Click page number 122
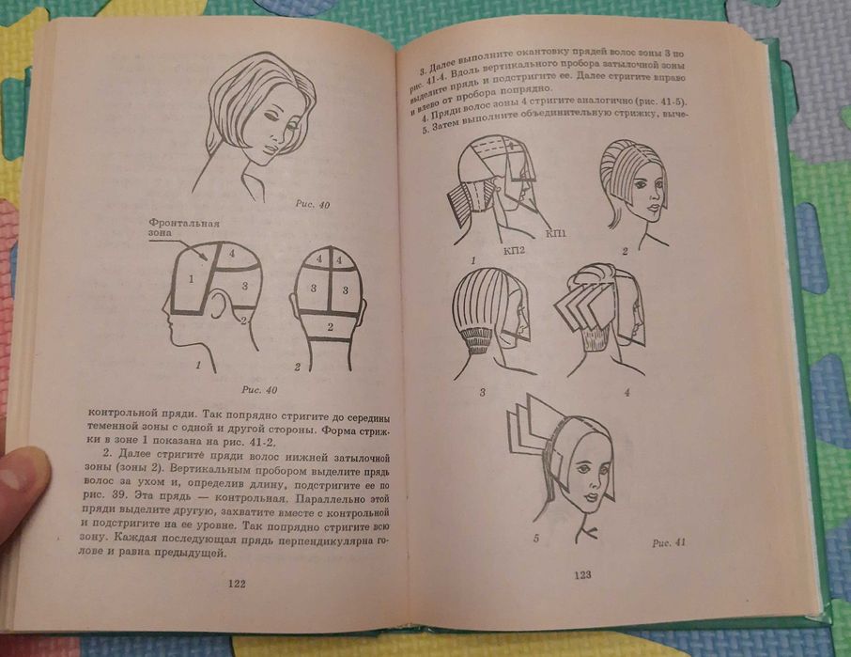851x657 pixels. pyautogui.click(x=236, y=584)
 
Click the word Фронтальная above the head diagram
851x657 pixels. pyautogui.click(x=184, y=224)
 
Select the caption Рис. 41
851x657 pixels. pyautogui.click(x=669, y=542)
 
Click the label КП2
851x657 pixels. pyautogui.click(x=514, y=251)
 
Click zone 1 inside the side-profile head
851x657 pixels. pyautogui.click(x=191, y=279)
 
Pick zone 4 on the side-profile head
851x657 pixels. pyautogui.click(x=230, y=252)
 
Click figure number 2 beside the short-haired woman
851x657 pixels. pyautogui.click(x=624, y=252)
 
